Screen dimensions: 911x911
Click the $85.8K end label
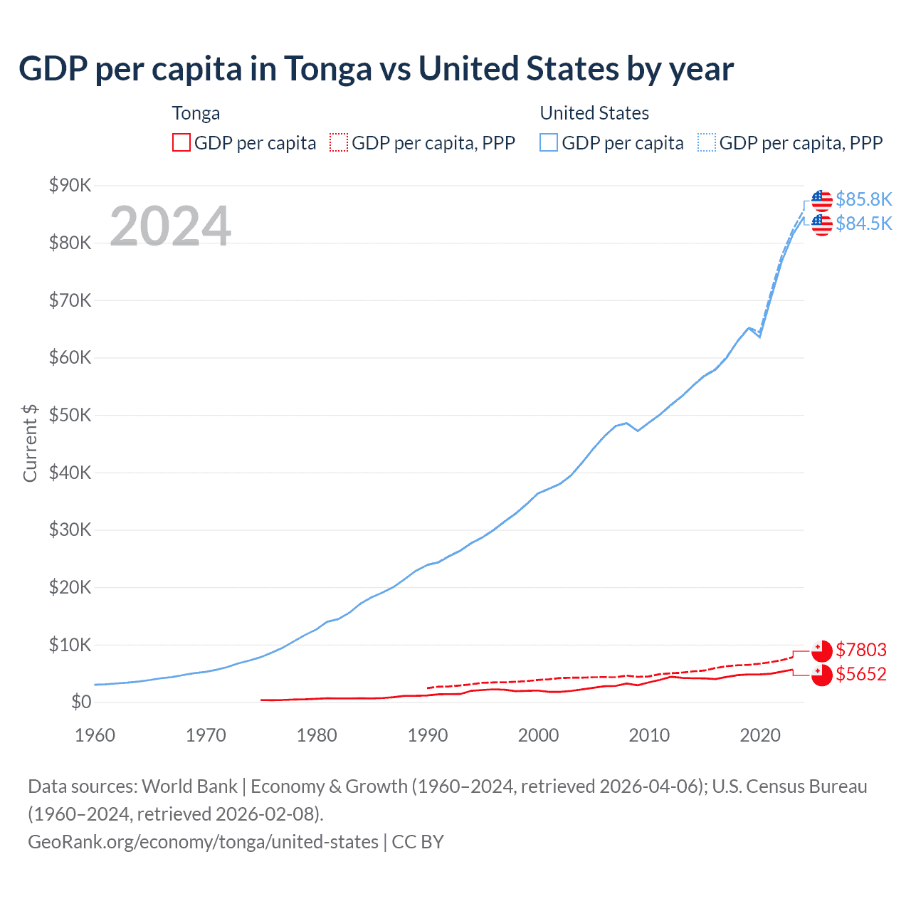tap(863, 199)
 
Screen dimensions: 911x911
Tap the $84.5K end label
tap(863, 223)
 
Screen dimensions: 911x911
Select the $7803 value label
tap(861, 650)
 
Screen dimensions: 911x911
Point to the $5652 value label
tap(861, 674)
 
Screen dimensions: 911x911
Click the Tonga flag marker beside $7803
tap(822, 651)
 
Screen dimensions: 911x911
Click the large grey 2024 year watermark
tap(171, 226)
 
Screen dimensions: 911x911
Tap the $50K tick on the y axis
tap(70, 416)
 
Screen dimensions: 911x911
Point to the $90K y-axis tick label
tap(70, 186)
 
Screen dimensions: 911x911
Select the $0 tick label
tap(81, 702)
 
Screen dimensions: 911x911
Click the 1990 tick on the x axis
tap(428, 735)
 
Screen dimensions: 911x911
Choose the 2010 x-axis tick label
tap(649, 735)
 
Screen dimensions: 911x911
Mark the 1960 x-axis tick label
tap(95, 735)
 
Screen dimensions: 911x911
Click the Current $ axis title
tap(30, 443)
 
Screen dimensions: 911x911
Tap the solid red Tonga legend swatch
tap(181, 143)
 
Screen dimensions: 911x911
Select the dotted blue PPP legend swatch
tap(707, 143)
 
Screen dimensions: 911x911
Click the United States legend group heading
tap(594, 113)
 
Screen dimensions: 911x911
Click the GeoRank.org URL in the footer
tap(203, 842)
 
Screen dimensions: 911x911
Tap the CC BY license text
tap(418, 842)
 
